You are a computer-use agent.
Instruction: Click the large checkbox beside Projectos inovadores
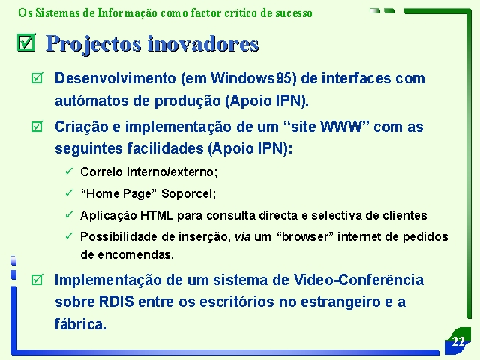26,43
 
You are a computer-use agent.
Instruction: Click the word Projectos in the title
93,44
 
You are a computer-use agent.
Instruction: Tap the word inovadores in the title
203,44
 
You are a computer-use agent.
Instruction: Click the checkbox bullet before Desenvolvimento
37,78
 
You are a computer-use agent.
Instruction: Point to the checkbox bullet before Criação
37,127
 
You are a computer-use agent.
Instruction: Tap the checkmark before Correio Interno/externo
70,171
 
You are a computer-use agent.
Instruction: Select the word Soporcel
188,193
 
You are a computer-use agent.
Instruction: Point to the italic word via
242,237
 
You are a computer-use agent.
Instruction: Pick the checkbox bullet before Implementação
37,280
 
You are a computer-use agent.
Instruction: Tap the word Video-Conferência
358,280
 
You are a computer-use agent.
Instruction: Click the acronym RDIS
116,301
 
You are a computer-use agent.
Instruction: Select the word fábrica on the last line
80,324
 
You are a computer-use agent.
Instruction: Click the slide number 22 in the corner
458,341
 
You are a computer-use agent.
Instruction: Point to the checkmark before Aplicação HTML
70,214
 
